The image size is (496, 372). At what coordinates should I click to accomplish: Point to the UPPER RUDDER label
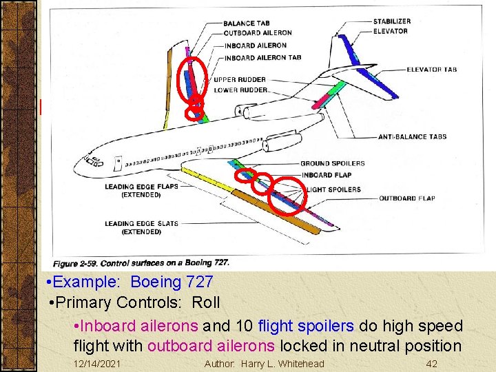tap(240, 79)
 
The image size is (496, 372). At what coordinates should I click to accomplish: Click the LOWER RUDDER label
tap(240, 90)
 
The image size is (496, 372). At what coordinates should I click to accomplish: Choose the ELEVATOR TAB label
tap(431, 70)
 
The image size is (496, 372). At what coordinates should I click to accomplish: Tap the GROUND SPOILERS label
tap(332, 163)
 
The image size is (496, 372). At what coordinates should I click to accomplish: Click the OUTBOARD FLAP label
tap(406, 198)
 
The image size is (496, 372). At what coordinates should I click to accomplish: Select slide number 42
tap(432, 363)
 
